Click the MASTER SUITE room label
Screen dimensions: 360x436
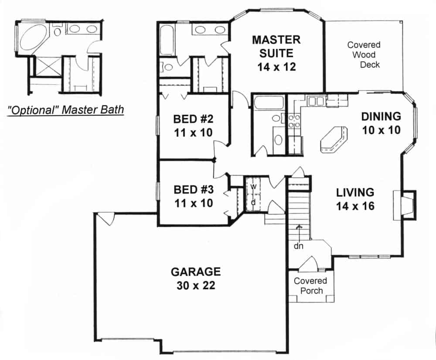(x=276, y=53)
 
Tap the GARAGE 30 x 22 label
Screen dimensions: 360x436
(x=195, y=279)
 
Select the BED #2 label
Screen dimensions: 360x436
(x=193, y=125)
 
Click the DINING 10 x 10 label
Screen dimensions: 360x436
(x=381, y=123)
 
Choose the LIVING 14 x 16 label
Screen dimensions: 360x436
(x=355, y=199)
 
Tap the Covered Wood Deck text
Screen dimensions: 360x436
(x=364, y=55)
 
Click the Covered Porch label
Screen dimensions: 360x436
(x=310, y=285)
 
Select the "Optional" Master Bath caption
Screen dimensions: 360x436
(x=66, y=109)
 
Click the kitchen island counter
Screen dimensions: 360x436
(x=334, y=139)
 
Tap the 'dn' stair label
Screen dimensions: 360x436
(x=298, y=246)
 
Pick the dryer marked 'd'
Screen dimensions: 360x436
(x=252, y=202)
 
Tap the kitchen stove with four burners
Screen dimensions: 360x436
(x=293, y=121)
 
